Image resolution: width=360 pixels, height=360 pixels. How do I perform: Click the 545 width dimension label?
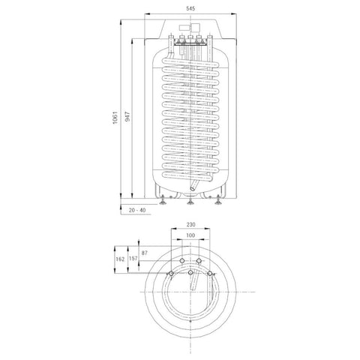pos(190,8)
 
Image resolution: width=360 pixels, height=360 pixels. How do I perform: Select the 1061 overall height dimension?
pos(115,118)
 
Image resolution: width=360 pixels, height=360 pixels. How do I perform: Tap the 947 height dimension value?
pos(127,117)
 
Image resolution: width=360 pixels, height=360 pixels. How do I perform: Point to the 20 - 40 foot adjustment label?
pos(137,210)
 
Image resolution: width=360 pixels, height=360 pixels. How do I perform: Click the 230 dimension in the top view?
pos(190,224)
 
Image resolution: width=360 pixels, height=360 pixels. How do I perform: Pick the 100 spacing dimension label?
pos(190,235)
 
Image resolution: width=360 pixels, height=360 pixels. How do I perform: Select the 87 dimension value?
pos(145,253)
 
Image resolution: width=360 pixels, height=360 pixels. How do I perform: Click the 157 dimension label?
pos(133,258)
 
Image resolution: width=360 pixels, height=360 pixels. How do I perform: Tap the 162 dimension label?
pos(120,259)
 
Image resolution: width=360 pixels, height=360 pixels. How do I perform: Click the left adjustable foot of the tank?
pos(163,200)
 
